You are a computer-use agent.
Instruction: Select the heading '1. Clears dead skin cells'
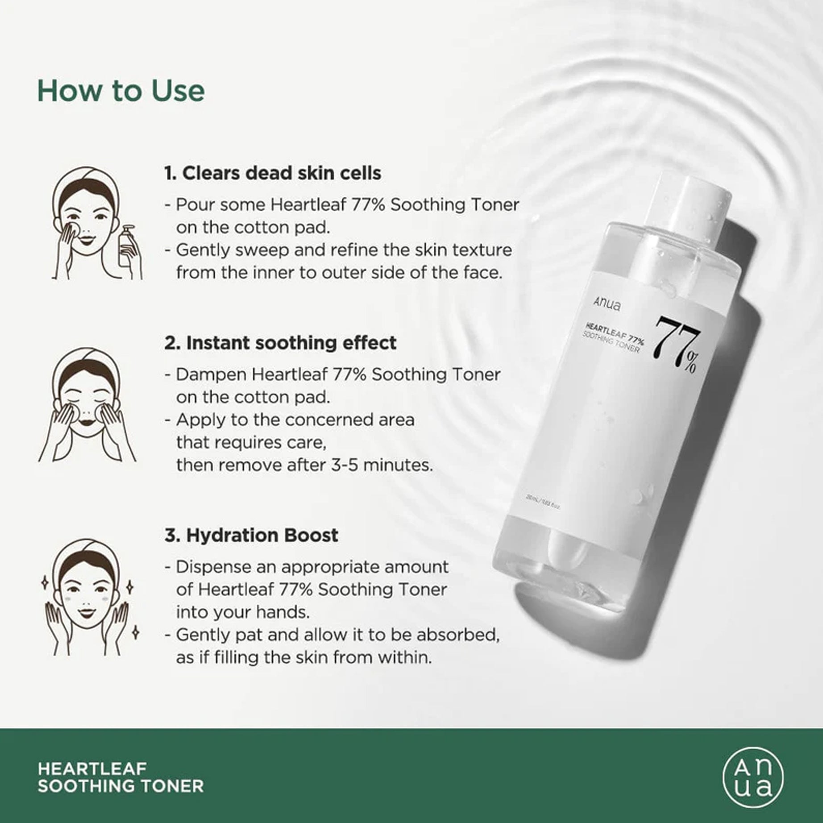(273, 173)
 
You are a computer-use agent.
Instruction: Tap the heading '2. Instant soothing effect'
(280, 343)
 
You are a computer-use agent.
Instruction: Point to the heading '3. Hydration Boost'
(251, 535)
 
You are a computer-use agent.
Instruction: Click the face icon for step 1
(85, 223)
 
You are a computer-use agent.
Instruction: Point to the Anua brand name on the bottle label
(607, 305)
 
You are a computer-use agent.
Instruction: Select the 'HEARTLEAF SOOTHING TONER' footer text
(121, 777)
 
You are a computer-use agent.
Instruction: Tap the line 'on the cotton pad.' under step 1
(253, 228)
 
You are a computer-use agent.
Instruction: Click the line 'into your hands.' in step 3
(242, 612)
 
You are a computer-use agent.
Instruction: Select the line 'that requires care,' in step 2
(251, 443)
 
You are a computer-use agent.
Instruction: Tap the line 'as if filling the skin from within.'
(303, 658)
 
